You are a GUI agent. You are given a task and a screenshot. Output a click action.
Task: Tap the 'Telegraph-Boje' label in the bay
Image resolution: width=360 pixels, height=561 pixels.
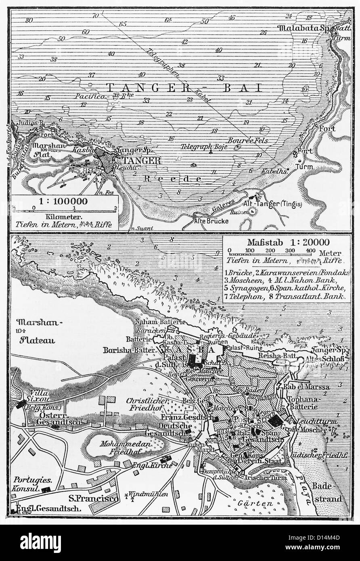(x=200, y=147)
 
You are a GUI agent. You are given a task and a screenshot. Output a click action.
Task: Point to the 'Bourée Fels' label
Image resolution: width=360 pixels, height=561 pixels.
(x=243, y=140)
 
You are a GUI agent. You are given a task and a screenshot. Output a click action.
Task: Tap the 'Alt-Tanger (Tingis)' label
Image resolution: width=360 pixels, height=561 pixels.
(x=274, y=204)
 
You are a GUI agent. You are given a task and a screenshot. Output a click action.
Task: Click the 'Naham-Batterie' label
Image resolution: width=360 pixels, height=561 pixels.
(x=160, y=322)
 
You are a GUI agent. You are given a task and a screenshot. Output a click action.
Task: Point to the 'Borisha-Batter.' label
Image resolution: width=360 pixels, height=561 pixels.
(x=129, y=350)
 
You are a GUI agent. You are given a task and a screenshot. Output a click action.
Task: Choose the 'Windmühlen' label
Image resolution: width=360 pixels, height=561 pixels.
(x=151, y=494)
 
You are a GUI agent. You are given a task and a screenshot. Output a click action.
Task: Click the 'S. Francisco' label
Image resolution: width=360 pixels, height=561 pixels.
(x=93, y=498)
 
